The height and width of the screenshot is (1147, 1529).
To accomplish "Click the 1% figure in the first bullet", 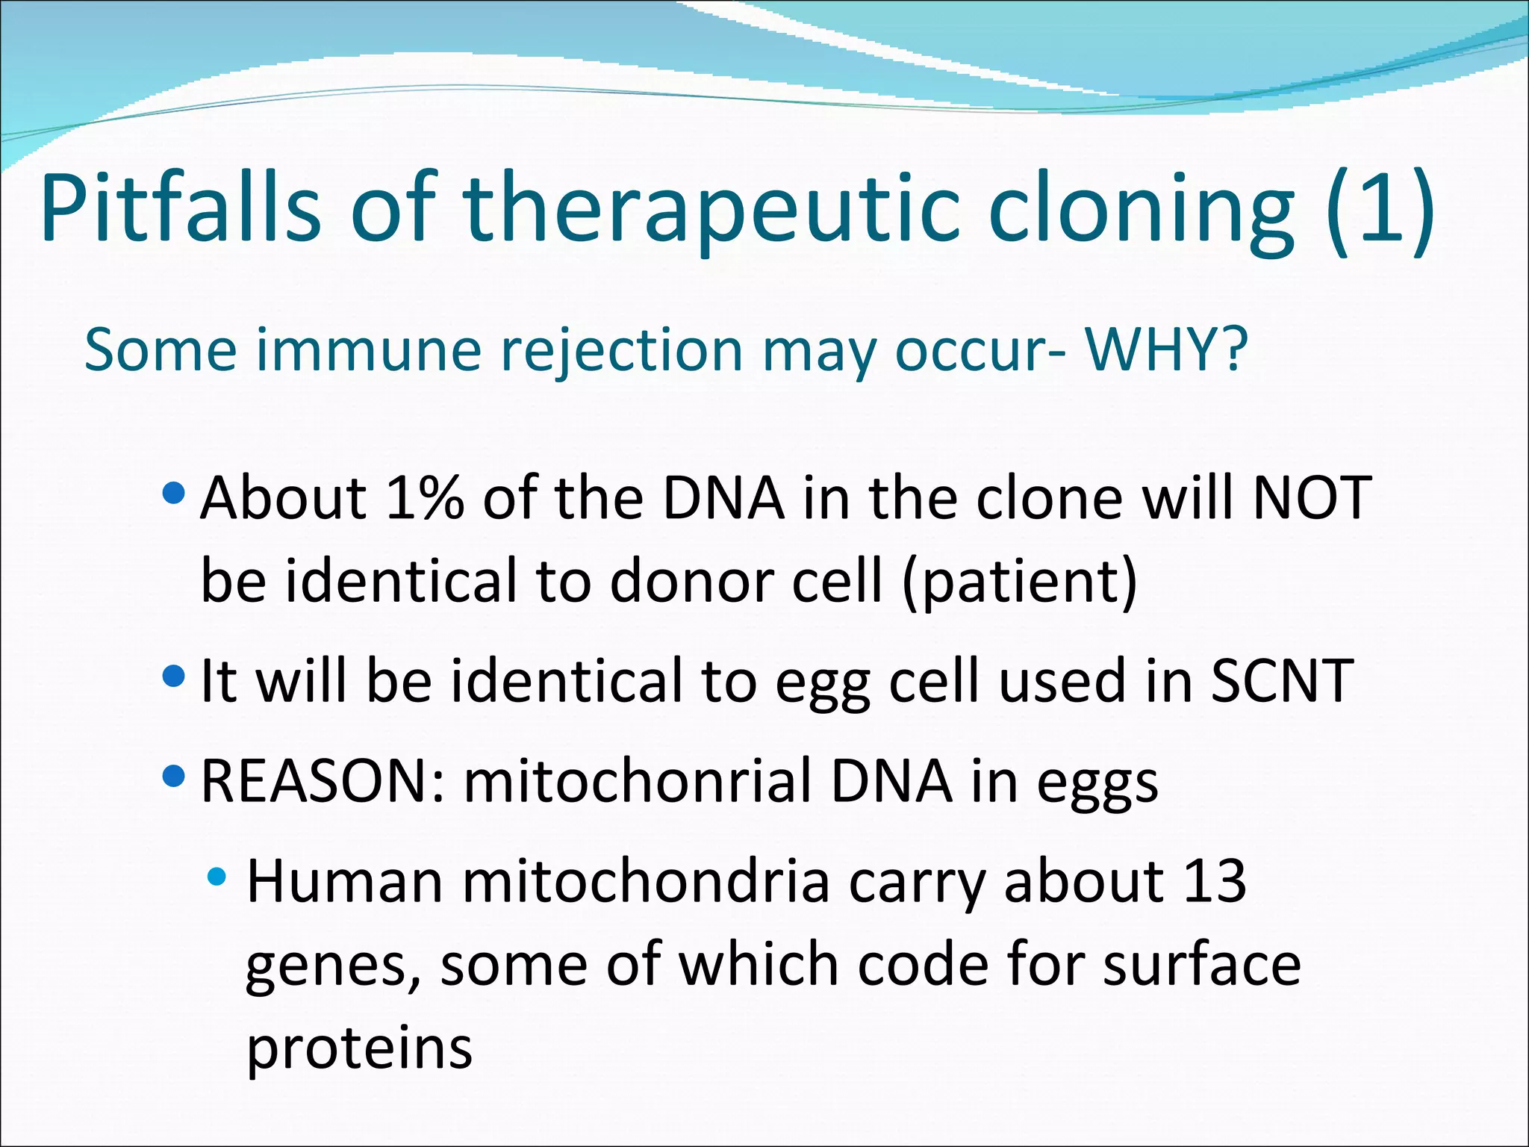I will tap(425, 498).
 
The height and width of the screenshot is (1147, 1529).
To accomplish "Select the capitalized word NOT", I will tap(1312, 498).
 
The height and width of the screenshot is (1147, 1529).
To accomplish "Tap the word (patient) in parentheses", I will tap(1020, 582).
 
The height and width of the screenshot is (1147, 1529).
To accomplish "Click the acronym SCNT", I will tap(1281, 680).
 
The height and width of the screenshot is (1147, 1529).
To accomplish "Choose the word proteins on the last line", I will tap(359, 1048).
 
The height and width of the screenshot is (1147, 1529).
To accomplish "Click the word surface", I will tap(1202, 965).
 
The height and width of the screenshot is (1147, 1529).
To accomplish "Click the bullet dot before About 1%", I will tap(172, 493).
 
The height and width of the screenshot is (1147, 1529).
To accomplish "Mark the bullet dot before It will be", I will tap(172, 677).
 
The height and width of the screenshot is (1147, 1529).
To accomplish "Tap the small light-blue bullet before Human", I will tap(217, 877).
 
